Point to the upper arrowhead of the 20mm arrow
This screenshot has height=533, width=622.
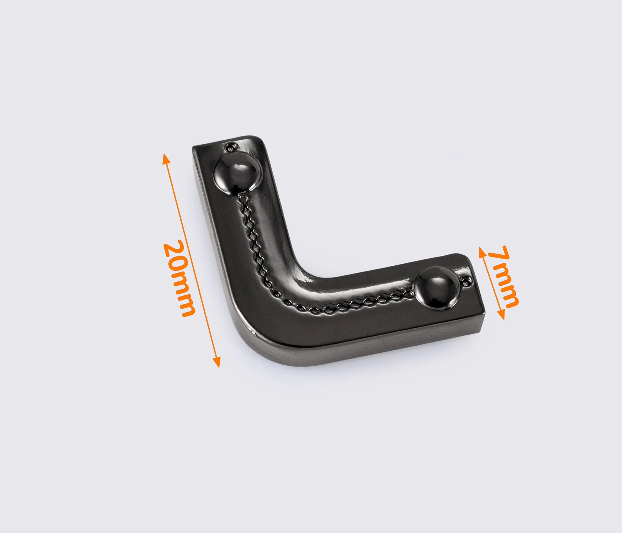(166, 159)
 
